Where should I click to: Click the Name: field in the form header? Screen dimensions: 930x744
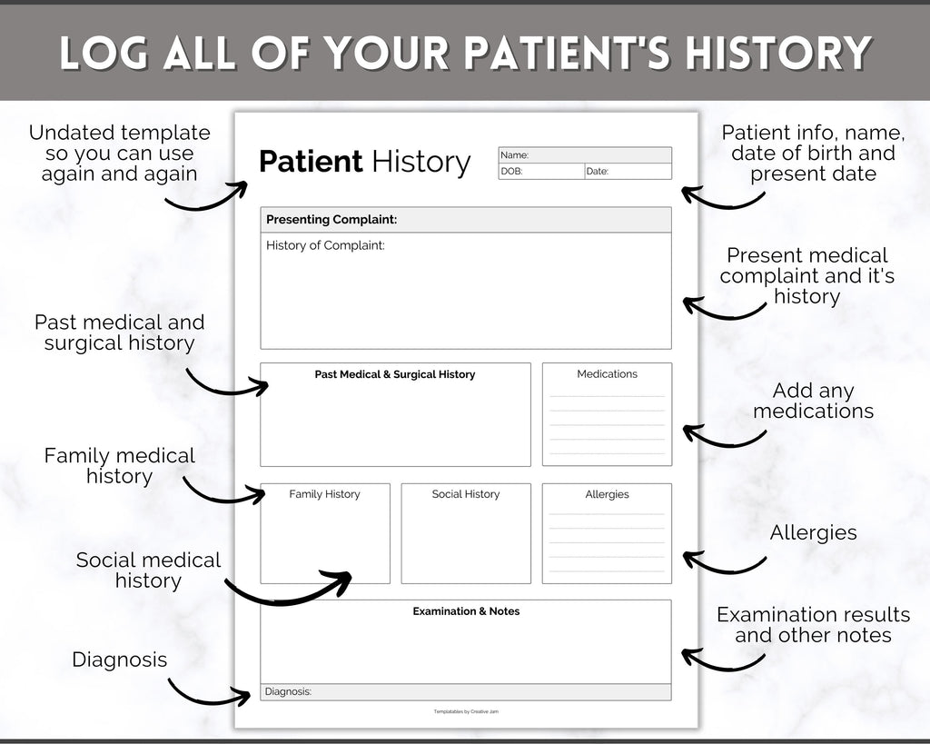point(585,155)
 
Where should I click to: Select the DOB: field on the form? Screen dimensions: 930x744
point(541,172)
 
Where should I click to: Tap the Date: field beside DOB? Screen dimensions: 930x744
point(628,172)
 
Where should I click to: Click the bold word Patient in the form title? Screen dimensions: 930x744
point(311,162)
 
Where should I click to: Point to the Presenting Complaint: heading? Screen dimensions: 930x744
point(331,220)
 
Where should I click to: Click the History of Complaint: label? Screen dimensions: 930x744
point(325,245)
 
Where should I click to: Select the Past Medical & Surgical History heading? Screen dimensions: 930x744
point(395,374)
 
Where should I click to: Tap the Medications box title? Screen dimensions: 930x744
point(607,373)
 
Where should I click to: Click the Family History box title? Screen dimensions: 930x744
point(324,494)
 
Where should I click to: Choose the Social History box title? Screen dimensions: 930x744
point(466,494)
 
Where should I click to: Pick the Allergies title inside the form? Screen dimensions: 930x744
point(607,494)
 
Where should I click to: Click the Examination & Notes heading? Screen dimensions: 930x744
point(466,611)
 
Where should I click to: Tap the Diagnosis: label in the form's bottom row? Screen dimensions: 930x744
point(288,691)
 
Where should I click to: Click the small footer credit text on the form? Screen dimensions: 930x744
point(466,711)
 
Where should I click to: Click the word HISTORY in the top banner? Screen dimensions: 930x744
point(777,54)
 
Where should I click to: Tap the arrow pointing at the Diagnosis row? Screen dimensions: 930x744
point(208,700)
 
